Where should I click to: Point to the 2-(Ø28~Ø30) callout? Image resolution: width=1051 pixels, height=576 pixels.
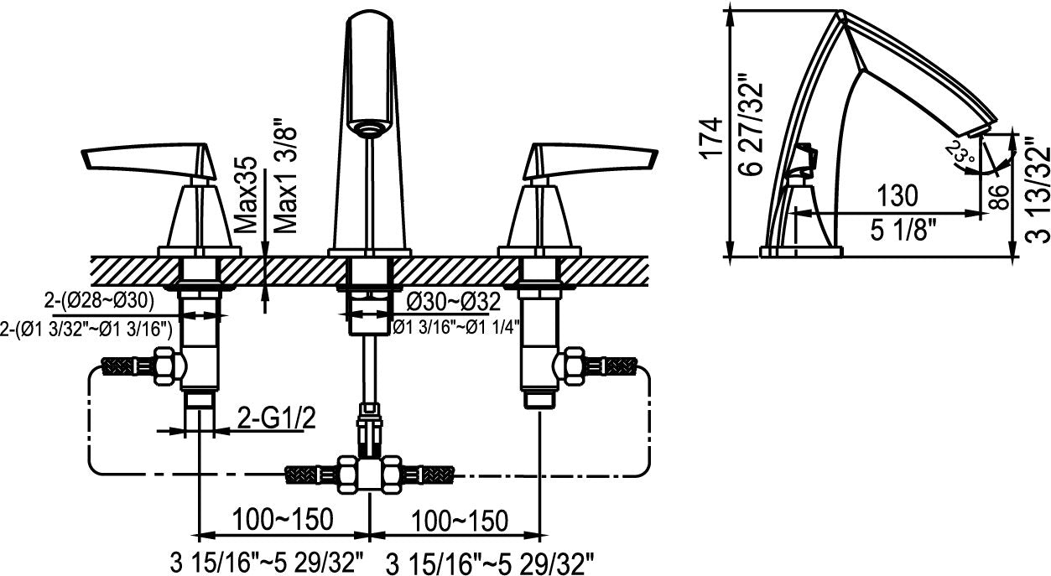[x=100, y=299]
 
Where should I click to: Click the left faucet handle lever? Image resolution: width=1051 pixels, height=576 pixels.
[x=143, y=158]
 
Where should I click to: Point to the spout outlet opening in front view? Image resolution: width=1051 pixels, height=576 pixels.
[x=369, y=128]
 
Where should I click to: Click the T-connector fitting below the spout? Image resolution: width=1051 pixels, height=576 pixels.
[x=369, y=474]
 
